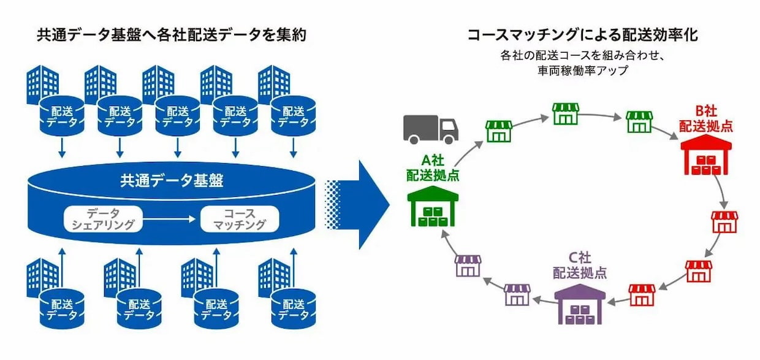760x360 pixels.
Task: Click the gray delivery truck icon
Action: tap(430, 129)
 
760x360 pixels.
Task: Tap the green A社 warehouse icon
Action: tap(433, 207)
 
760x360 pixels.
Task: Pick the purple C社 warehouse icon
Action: tap(579, 302)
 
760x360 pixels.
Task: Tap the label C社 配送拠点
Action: tap(580, 266)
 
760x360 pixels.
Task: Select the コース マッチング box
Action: tap(240, 219)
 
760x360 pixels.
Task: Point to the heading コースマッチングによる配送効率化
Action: tap(582, 34)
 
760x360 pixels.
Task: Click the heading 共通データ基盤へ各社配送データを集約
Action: tap(172, 35)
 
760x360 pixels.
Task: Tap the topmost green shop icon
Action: tap(566, 114)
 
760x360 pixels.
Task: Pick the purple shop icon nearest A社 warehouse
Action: tap(468, 266)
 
